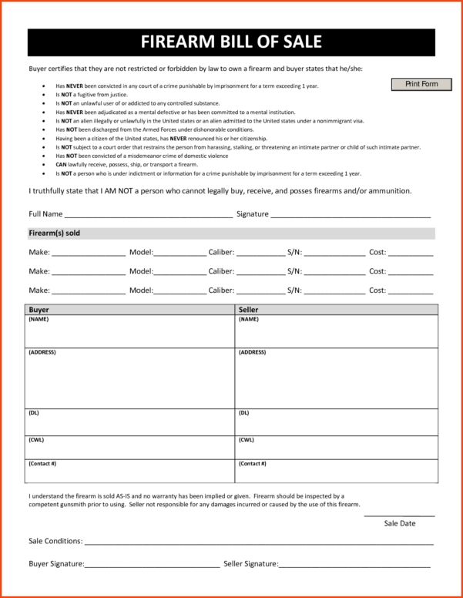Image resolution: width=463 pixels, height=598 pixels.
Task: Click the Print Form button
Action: pos(421,84)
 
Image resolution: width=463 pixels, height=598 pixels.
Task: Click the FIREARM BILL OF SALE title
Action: pos(231,42)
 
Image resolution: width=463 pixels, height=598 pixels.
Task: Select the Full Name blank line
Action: pos(148,215)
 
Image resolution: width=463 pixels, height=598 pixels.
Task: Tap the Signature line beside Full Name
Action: pos(350,215)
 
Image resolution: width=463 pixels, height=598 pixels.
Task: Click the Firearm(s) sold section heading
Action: pos(54,233)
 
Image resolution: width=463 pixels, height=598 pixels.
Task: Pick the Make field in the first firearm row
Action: pos(88,253)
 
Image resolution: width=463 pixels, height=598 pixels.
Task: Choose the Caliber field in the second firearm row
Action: pos(260,273)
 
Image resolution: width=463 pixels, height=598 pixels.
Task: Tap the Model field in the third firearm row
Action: pos(180,292)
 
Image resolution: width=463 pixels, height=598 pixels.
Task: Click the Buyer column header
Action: pos(39,309)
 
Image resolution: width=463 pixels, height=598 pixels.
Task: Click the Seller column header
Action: pos(249,309)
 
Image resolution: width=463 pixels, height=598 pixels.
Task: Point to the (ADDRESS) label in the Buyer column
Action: pos(42,352)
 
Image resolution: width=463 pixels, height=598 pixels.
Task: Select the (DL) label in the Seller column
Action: pos(244,412)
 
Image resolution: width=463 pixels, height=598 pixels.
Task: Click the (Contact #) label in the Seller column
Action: pos(253,464)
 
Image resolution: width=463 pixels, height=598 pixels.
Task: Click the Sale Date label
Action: pos(400,523)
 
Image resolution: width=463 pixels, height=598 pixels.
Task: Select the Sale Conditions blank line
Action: pos(258,543)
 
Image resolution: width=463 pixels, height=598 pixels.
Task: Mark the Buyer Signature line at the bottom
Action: pos(152,566)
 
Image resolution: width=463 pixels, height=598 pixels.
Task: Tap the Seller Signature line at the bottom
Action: pos(354,566)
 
